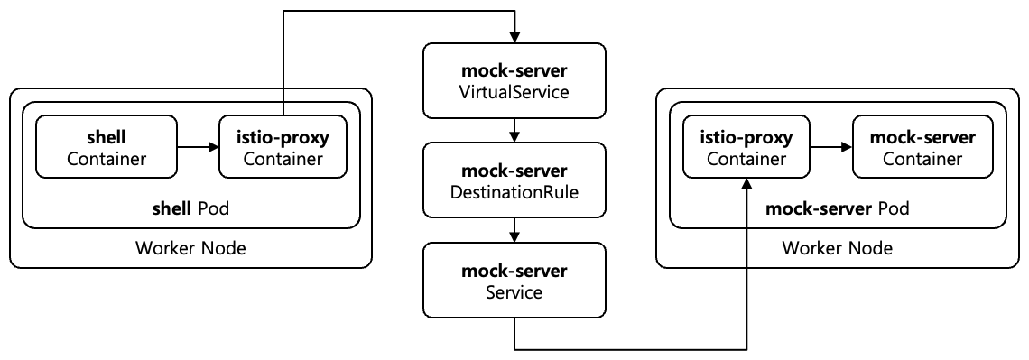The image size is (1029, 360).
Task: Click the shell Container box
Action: [104, 148]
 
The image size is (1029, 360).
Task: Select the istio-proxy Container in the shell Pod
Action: [283, 148]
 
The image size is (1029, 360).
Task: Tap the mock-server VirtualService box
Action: [514, 81]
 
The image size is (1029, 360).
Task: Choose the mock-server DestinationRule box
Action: [514, 181]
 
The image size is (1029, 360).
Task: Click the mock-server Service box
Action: [514, 282]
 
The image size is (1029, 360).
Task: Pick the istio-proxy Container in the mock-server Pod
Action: [748, 148]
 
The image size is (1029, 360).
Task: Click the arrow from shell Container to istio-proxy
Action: [195, 148]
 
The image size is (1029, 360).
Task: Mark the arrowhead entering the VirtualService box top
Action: [514, 37]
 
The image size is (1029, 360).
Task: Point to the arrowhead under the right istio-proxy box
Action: [748, 184]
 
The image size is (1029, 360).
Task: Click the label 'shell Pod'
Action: [190, 209]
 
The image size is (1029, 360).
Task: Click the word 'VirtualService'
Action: [514, 91]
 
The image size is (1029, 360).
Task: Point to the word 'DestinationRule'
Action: [514, 192]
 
